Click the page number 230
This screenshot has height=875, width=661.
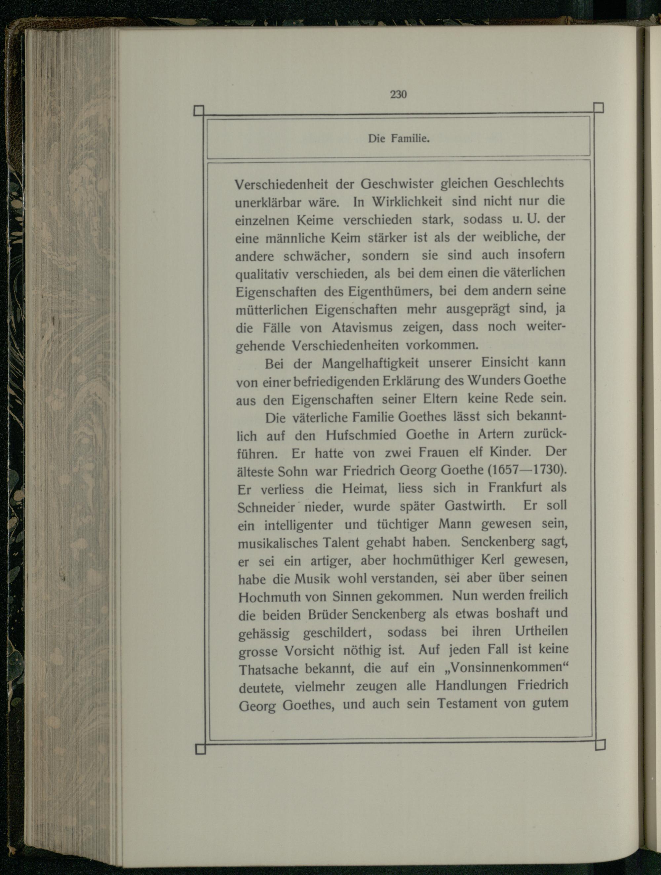click(x=398, y=95)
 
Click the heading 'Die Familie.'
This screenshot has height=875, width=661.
click(x=399, y=139)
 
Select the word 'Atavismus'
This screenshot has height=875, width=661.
click(x=362, y=328)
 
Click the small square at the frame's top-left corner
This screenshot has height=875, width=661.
click(x=199, y=110)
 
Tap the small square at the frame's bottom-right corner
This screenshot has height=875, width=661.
click(x=600, y=745)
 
